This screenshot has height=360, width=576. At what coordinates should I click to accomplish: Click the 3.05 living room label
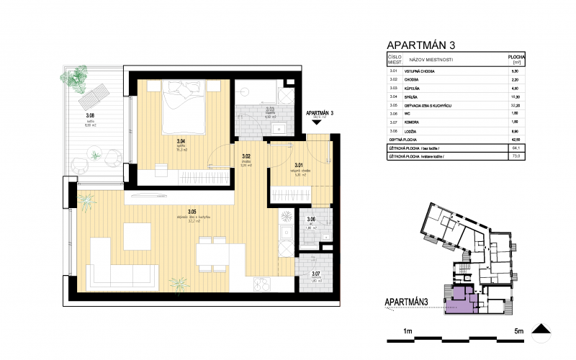point(192,212)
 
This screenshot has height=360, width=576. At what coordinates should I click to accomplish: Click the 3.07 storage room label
point(315,274)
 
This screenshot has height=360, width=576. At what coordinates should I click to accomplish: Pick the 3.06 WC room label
point(311,219)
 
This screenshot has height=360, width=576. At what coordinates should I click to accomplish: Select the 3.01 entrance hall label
point(299,165)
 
